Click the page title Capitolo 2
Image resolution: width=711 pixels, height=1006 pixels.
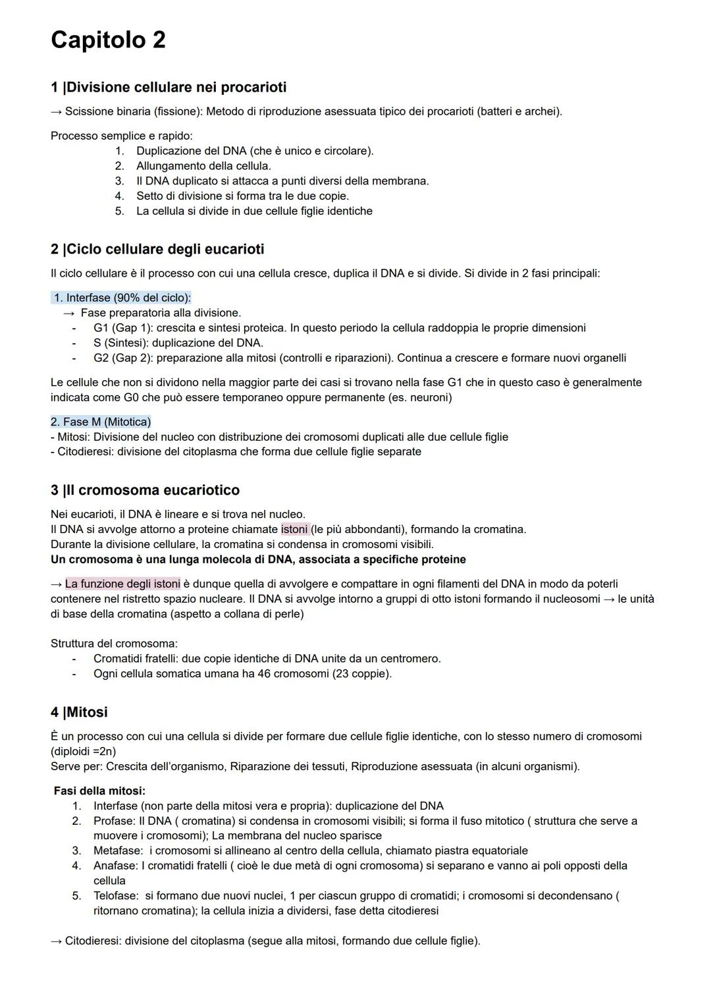(x=108, y=40)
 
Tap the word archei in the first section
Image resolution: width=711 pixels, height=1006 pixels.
(x=542, y=111)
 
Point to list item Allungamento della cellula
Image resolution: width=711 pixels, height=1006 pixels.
(x=203, y=166)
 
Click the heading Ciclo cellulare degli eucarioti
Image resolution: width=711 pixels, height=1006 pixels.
(x=157, y=250)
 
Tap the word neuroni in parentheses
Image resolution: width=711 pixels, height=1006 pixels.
(x=429, y=398)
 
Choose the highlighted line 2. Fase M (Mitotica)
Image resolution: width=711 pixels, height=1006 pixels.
(x=101, y=422)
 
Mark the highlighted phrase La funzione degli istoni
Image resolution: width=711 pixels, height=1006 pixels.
(x=122, y=584)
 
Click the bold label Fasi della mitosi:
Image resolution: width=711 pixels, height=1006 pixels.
(x=99, y=791)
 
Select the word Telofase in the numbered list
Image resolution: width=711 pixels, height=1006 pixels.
(x=115, y=896)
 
